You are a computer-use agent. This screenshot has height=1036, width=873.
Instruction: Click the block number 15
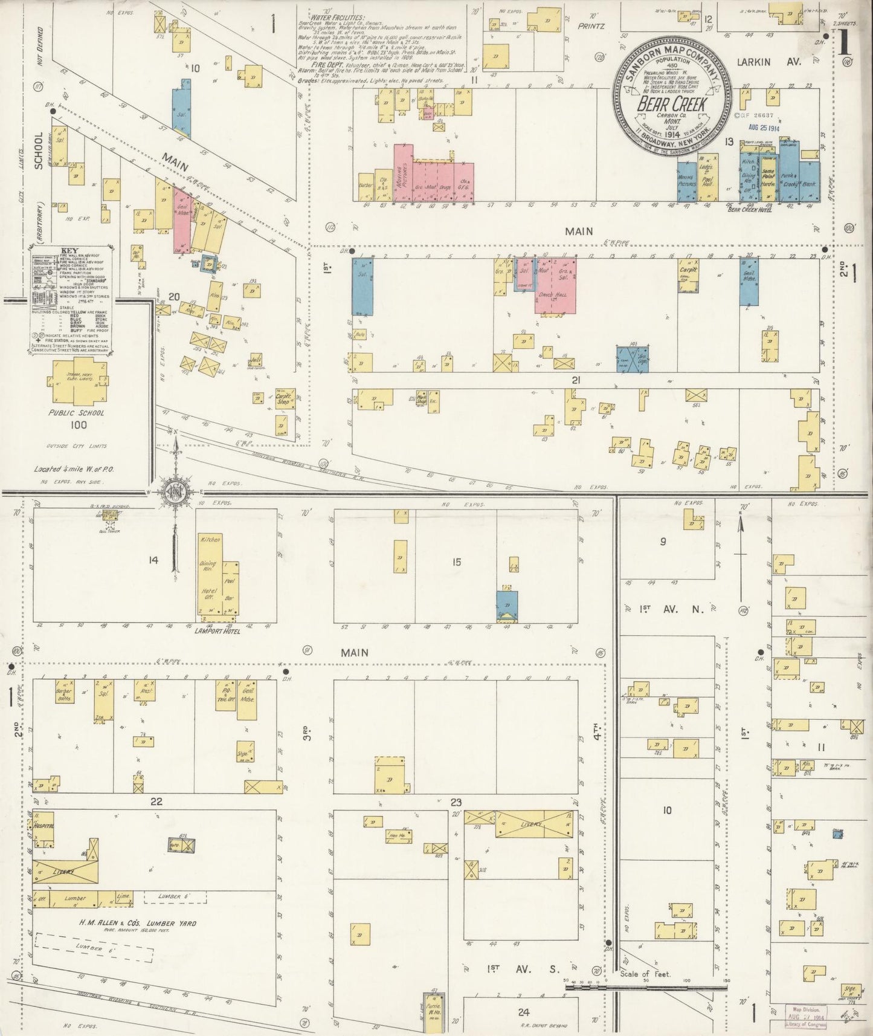[456, 562]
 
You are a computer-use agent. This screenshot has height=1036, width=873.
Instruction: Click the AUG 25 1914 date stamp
[763, 128]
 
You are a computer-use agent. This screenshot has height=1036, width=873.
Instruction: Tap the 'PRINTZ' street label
[591, 26]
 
